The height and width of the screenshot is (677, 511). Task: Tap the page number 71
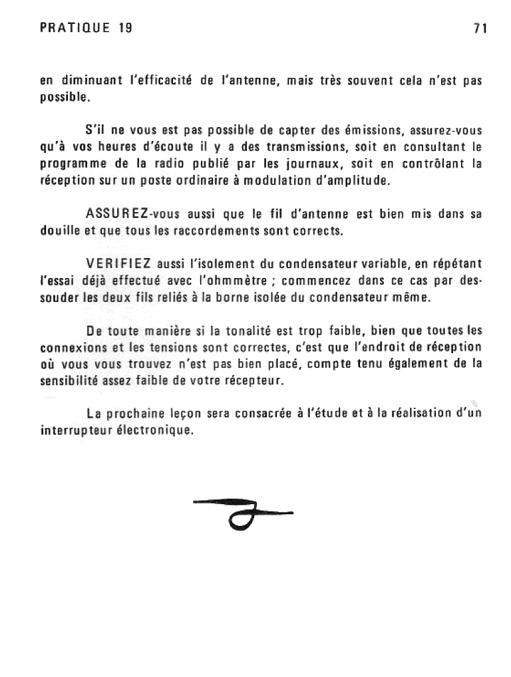pos(481,28)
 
